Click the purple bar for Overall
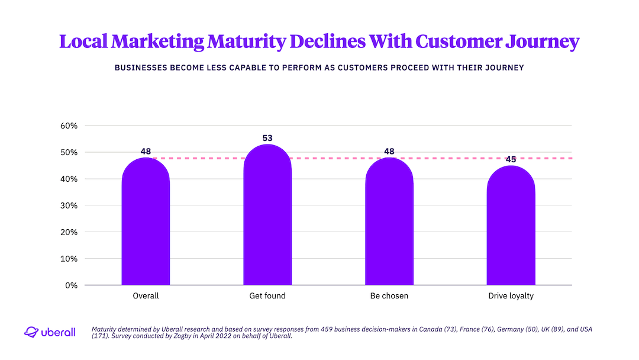coord(146,225)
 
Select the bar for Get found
coord(267,219)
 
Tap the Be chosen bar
coord(389,225)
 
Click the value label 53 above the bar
coord(267,139)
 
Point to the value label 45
coord(511,159)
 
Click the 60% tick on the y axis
coord(69,126)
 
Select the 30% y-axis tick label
coord(69,205)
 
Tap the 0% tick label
coord(72,285)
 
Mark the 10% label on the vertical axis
coord(69,259)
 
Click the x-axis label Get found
coord(267,295)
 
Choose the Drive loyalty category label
coord(511,295)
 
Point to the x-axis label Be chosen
coord(389,295)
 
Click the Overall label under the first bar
coord(146,295)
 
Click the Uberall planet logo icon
coord(31,332)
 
